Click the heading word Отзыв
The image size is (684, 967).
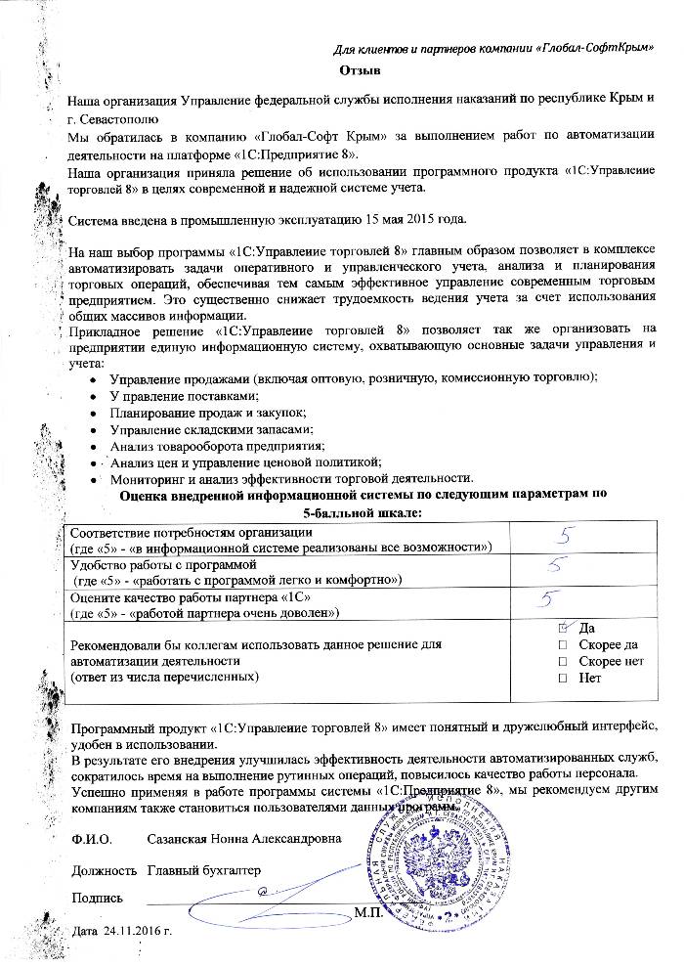[359, 71]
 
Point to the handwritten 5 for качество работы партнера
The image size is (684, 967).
[553, 596]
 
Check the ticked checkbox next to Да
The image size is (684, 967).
[561, 628]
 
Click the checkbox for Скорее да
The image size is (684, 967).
[561, 644]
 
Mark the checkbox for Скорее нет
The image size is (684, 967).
[561, 661]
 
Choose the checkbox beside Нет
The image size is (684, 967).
[561, 678]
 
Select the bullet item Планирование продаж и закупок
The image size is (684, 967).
[208, 413]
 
